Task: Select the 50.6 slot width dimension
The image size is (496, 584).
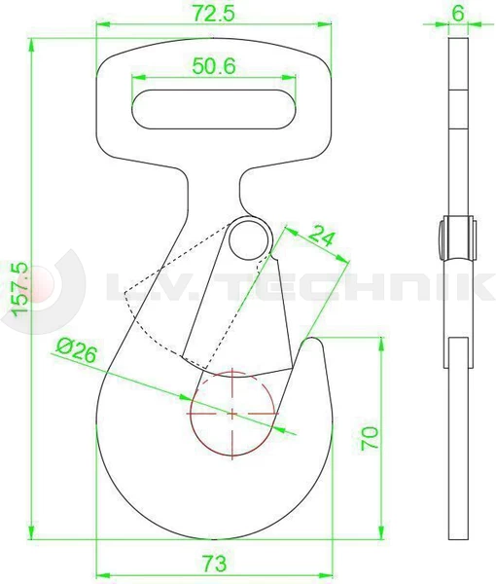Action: tap(212, 66)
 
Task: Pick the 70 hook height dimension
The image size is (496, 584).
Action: tap(368, 437)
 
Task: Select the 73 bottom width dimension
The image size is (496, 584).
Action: tap(215, 563)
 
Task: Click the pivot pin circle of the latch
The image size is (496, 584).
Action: tap(251, 237)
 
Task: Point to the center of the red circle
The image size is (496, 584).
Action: tap(233, 414)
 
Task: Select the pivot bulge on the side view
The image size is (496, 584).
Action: tap(457, 237)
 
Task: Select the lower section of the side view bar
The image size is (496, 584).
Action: tap(457, 438)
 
